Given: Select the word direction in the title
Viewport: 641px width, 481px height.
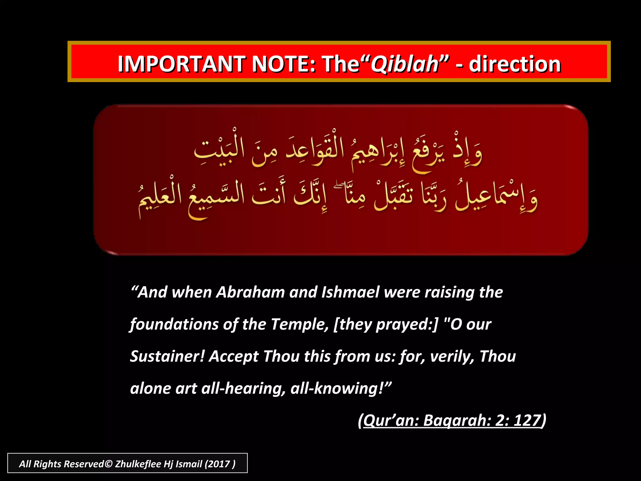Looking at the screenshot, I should tap(515, 64).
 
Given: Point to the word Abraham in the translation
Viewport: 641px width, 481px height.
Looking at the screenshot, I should tap(250, 292).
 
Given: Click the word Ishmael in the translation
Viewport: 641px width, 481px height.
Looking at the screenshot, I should tap(351, 292).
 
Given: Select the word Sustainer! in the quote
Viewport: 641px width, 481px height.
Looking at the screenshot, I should tap(167, 356).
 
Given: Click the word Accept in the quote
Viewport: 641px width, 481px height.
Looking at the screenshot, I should tap(233, 356).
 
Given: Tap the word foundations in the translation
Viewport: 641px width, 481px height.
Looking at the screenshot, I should tap(174, 324).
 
